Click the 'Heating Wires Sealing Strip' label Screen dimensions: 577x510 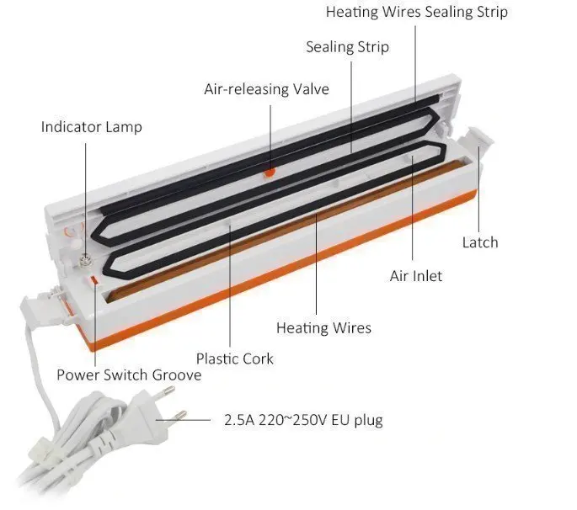click(416, 12)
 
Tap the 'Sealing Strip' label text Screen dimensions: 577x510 click(347, 47)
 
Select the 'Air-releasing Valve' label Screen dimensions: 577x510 click(266, 88)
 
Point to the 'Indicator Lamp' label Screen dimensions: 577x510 click(92, 127)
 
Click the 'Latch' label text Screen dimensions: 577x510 click(480, 242)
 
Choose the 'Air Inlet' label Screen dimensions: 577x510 click(415, 276)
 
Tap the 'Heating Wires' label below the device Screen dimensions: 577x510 click(323, 327)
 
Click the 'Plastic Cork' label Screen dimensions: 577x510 click(235, 359)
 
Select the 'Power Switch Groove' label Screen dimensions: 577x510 click(129, 375)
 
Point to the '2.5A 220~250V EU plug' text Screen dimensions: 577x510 click(303, 419)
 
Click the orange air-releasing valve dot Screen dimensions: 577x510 click(270, 173)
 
